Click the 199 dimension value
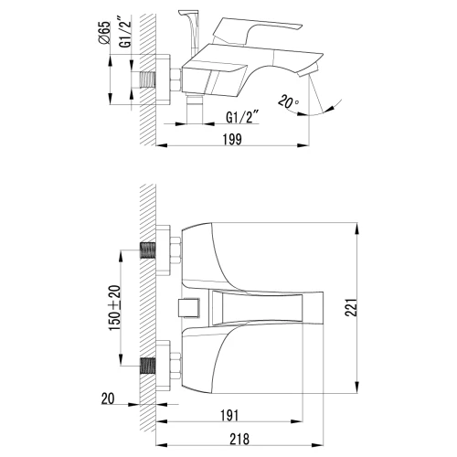pos(232,139)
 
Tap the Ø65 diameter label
pos(104,32)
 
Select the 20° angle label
pos(288,102)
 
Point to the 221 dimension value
pos(351,308)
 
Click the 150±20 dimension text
pos(114,308)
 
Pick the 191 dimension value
pos(229,415)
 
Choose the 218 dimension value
pos(239,439)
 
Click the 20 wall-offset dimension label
pos(108,399)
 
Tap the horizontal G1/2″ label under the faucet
pos(242,117)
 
